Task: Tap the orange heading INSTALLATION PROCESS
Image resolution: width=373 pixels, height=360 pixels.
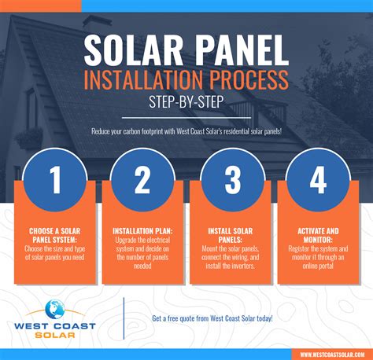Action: click(x=186, y=79)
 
